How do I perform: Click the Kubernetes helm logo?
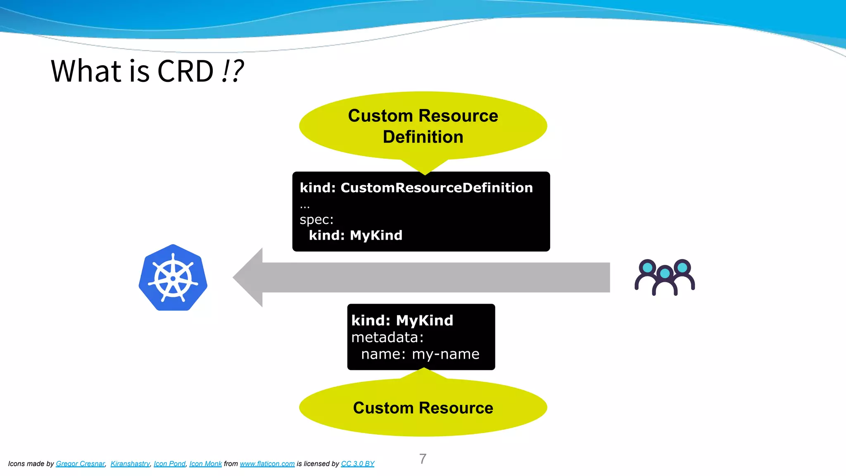click(173, 278)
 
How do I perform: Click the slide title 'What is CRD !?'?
click(147, 71)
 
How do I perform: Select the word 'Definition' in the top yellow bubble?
click(423, 137)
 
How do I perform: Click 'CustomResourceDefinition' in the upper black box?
click(437, 188)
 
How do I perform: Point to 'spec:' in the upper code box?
click(316, 219)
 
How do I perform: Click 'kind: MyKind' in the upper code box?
click(355, 235)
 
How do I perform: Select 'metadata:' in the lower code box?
click(387, 337)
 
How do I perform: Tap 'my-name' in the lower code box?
click(445, 354)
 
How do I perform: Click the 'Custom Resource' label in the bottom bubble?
click(423, 408)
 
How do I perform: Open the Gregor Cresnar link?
click(80, 464)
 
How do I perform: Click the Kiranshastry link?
click(130, 464)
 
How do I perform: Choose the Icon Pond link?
click(169, 464)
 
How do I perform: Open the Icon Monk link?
click(205, 464)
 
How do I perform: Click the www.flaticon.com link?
click(267, 464)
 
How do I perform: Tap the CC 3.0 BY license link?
click(357, 464)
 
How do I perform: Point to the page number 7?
click(423, 459)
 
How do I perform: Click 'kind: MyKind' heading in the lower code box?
click(402, 320)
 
